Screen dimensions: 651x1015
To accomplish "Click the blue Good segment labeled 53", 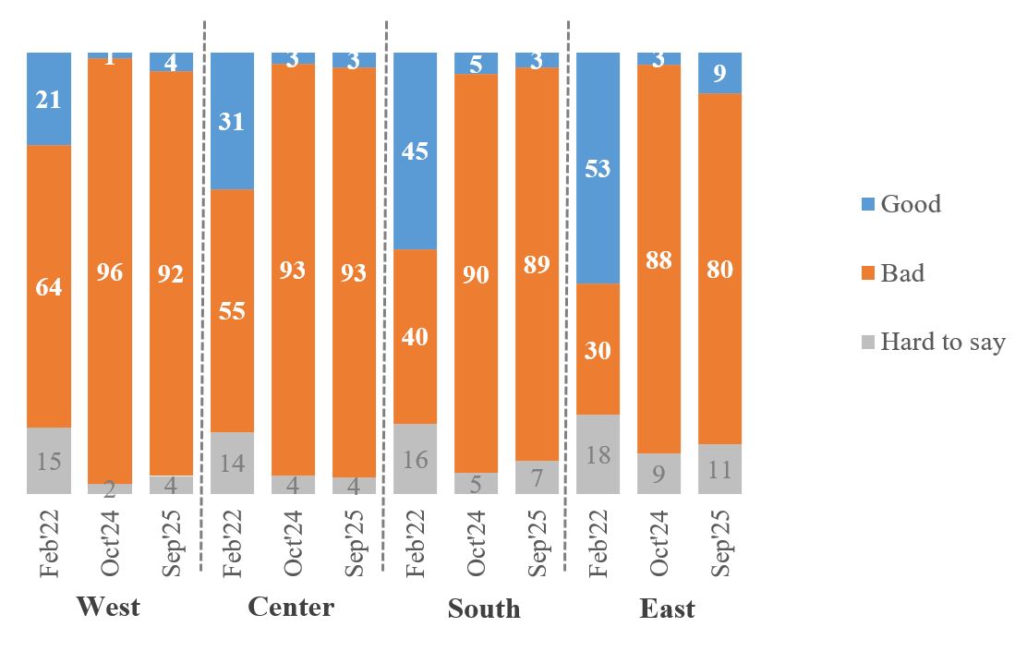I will pyautogui.click(x=598, y=168).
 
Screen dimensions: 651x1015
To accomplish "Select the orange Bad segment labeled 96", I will pyautogui.click(x=110, y=271).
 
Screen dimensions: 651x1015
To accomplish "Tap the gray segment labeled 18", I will pyautogui.click(x=598, y=454).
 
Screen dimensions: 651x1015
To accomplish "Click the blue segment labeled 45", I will pyautogui.click(x=416, y=151).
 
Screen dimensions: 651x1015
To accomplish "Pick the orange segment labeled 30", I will pyautogui.click(x=598, y=349).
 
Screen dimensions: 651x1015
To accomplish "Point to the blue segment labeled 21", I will pyautogui.click(x=49, y=99).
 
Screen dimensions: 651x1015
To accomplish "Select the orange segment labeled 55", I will pyautogui.click(x=232, y=310).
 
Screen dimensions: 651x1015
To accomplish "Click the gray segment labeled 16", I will pyautogui.click(x=416, y=459).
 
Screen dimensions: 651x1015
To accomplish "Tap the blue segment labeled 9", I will pyautogui.click(x=719, y=73).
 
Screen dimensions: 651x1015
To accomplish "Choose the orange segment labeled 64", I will pyautogui.click(x=49, y=286).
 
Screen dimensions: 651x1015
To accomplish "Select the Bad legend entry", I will pyautogui.click(x=901, y=273).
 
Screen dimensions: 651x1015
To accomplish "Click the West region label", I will pyautogui.click(x=108, y=607).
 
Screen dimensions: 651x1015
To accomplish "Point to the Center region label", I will pyautogui.click(x=291, y=607).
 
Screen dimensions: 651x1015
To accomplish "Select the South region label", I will pyautogui.click(x=484, y=609).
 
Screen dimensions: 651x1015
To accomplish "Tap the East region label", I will pyautogui.click(x=667, y=609).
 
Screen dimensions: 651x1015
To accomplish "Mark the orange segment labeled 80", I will pyautogui.click(x=719, y=269).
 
